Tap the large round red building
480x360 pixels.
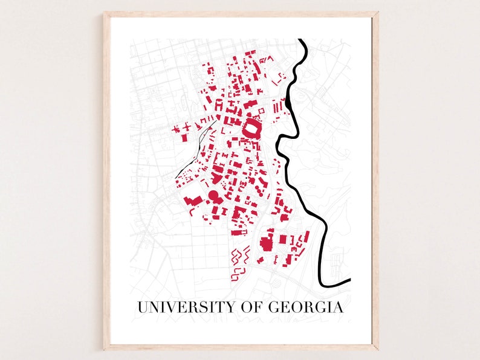(213, 196)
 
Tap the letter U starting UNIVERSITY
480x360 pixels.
(142, 307)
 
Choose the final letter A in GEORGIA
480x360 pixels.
(337, 307)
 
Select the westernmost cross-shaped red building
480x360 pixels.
(179, 129)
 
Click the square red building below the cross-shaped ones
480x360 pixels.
(184, 137)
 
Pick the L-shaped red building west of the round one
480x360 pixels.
(193, 201)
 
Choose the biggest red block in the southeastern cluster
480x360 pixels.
(266, 243)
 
